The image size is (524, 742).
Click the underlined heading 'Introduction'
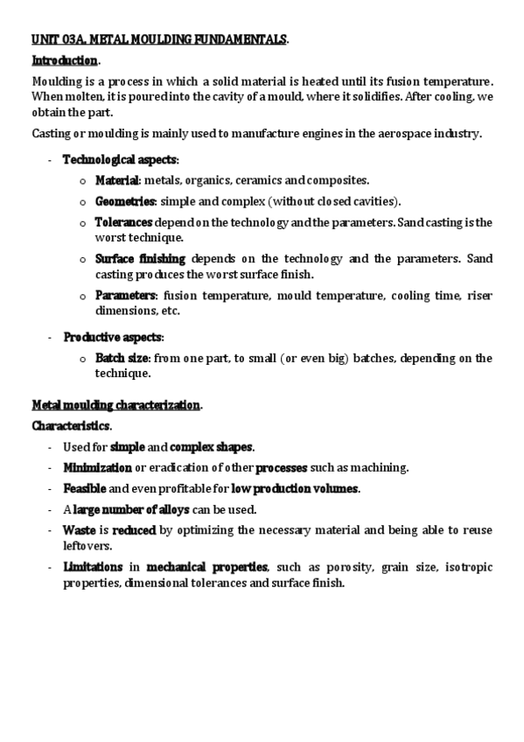click(65, 60)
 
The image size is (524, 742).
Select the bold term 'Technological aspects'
click(119, 160)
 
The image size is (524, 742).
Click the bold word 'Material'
click(117, 180)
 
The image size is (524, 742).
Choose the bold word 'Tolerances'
click(123, 222)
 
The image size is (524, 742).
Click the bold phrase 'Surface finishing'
click(140, 259)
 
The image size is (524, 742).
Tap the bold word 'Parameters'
click(126, 295)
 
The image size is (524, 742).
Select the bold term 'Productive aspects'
click(112, 337)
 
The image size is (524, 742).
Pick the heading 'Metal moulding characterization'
click(116, 405)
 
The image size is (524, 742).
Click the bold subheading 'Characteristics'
click(71, 426)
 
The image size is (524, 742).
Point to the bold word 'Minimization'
click(97, 467)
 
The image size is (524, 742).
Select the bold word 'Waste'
click(79, 530)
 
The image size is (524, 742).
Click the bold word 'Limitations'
click(92, 567)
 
